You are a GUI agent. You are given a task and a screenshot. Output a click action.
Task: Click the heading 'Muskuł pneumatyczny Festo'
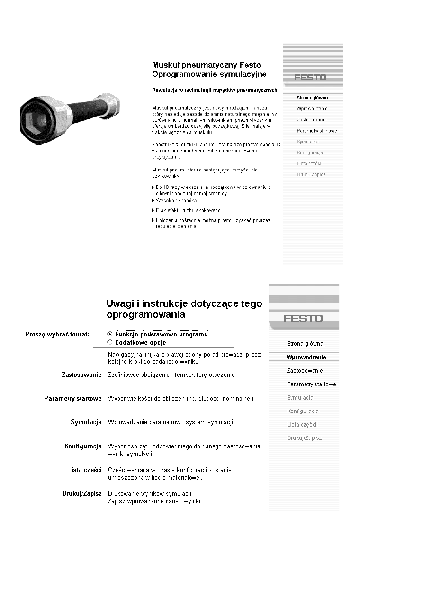point(206,65)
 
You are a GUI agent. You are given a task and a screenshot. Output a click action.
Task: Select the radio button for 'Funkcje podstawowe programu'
point(110,334)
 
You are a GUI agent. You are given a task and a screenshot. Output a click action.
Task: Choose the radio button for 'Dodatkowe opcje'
point(110,342)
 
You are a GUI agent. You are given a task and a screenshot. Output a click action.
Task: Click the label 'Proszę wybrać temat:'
point(57,334)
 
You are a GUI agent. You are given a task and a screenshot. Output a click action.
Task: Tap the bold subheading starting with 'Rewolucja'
point(214,90)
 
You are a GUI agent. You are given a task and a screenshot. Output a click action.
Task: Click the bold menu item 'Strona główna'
point(312,98)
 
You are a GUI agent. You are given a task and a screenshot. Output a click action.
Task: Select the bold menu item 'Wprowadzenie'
point(306,357)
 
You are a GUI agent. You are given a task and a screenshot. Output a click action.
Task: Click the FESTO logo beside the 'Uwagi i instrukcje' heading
point(303,319)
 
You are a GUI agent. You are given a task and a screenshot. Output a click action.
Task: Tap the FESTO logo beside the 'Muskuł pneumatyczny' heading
point(310,77)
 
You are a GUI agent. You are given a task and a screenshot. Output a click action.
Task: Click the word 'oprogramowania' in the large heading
point(146,314)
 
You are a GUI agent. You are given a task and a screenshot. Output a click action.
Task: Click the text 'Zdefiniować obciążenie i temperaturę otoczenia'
point(171,375)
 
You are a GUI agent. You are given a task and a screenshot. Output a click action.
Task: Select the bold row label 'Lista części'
point(85,470)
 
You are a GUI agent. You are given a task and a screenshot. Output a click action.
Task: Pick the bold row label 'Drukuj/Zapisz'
point(82,494)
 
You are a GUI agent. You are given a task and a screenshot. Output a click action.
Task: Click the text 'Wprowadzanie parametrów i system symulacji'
point(171,422)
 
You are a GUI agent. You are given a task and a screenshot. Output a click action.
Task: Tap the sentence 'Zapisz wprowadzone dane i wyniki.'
point(155,501)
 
